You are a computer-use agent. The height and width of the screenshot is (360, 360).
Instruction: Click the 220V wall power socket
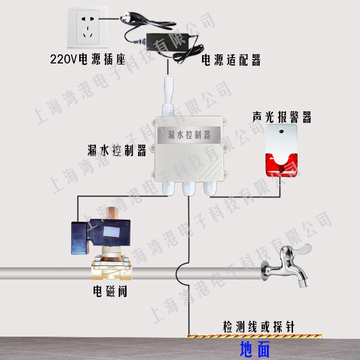point(88,27)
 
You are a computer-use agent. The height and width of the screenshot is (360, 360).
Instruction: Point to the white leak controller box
point(189,151)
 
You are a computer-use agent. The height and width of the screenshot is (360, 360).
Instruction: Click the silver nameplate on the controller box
point(189,133)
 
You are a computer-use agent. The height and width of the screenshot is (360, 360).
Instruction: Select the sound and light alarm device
point(281,149)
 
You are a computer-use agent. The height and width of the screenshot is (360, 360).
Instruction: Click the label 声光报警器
point(282,118)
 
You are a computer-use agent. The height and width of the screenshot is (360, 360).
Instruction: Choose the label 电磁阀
point(110,292)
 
